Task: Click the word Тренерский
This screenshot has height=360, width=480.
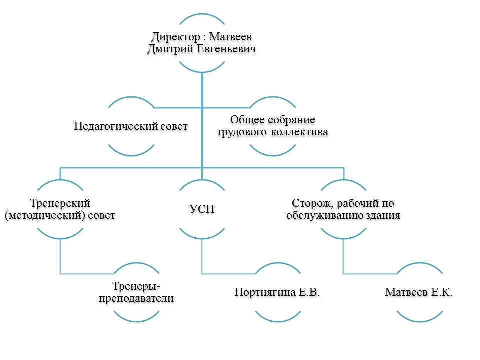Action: pos(60,204)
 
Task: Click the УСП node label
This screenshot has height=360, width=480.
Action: pos(202,210)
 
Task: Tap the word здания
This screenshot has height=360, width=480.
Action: pos(384,216)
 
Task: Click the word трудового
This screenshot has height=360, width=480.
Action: pos(240,132)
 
